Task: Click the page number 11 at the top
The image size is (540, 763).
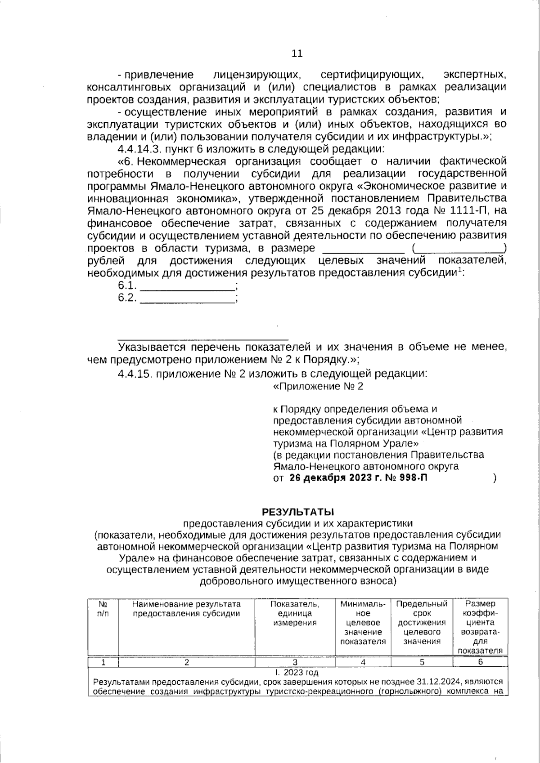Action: coord(297,54)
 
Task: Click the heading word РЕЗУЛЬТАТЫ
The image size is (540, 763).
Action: coord(298,511)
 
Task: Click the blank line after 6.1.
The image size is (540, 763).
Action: coord(188,286)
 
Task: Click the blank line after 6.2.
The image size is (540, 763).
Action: coord(188,299)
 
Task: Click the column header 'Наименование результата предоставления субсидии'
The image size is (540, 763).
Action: coord(186,609)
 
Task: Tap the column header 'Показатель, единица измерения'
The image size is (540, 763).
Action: coord(295,613)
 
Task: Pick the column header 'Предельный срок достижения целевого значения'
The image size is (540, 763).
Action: coord(422,623)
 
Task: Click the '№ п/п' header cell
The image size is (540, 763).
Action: coord(103,609)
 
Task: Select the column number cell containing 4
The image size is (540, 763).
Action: coord(363,662)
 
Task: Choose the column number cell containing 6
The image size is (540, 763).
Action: coord(480,662)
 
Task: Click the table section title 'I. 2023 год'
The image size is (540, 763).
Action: coord(297,673)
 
